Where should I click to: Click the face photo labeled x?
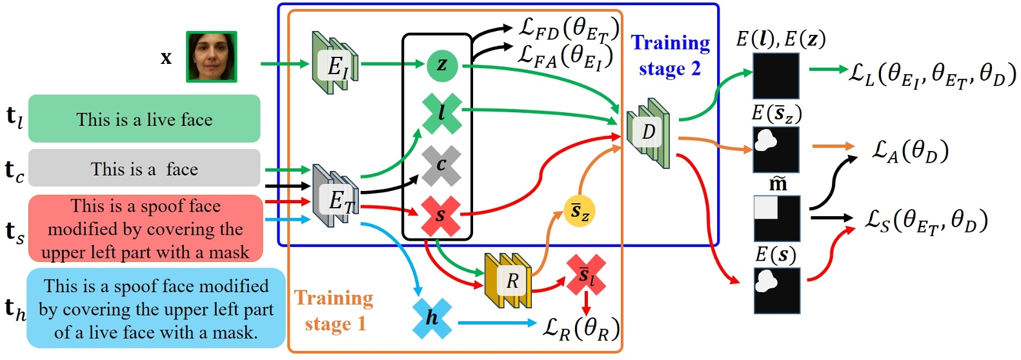click(212, 57)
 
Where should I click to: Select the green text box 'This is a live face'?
click(144, 119)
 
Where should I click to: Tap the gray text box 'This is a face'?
click(144, 169)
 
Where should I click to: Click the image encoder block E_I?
click(335, 64)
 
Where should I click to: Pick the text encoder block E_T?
click(336, 197)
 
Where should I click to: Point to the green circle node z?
click(442, 64)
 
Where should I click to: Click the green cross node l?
click(442, 114)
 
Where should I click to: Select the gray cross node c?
click(441, 165)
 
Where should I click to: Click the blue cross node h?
click(432, 317)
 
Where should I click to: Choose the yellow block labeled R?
click(509, 281)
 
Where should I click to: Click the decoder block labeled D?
click(648, 132)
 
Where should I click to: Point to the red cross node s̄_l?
click(586, 275)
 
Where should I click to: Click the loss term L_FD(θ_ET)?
click(569, 28)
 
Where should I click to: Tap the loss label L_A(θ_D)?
click(910, 151)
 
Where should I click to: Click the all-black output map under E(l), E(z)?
click(776, 75)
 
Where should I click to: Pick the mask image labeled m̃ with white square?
click(777, 219)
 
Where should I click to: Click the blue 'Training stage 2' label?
click(670, 55)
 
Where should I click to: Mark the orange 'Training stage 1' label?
click(334, 310)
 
